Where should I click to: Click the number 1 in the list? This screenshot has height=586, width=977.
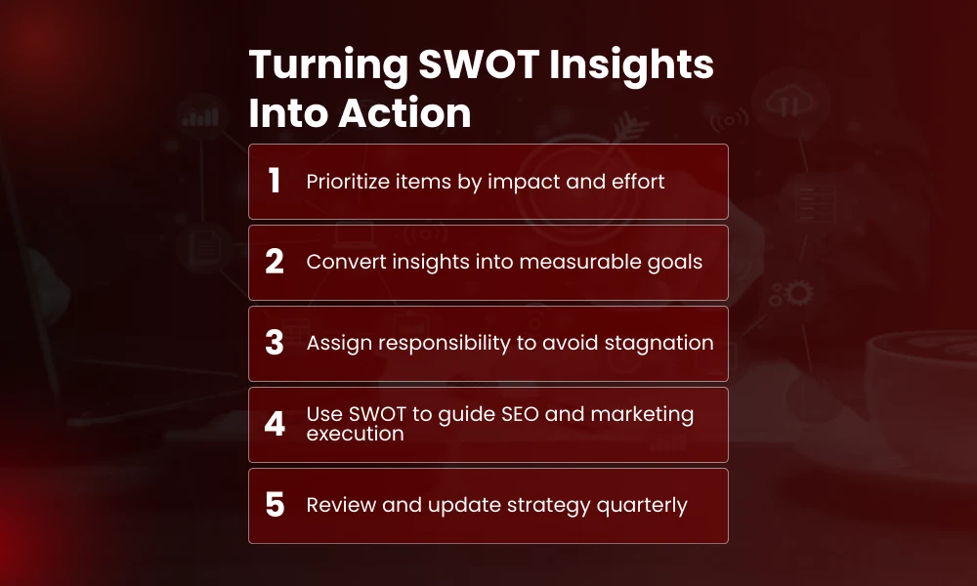275,181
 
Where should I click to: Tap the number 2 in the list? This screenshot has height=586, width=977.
275,262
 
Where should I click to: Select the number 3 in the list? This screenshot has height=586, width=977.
275,343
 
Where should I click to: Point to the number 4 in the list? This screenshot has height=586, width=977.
275,424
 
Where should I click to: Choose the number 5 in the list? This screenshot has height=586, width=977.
275,505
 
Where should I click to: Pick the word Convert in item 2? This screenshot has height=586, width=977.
339,262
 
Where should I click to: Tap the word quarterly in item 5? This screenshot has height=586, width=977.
643,506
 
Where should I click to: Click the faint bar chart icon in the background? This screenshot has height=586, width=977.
201,115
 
